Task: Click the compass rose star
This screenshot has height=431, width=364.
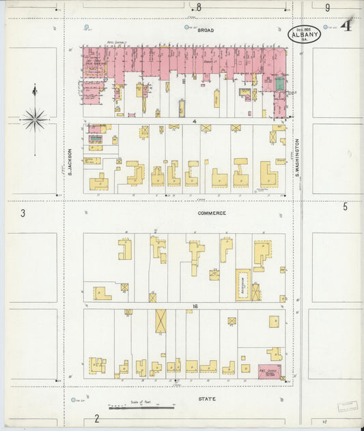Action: (x=33, y=119)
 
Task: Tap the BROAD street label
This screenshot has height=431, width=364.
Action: (x=206, y=31)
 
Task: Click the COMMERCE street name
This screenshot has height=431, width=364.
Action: (x=212, y=213)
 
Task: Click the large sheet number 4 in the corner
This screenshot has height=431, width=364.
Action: (x=346, y=27)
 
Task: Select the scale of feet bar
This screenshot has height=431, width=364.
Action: (x=141, y=407)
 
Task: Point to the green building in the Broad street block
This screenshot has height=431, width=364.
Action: (x=279, y=84)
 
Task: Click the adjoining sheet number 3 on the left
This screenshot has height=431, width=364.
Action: (x=23, y=213)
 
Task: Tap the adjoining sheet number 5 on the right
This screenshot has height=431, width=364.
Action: (x=345, y=207)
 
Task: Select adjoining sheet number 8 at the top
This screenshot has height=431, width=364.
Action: (x=199, y=8)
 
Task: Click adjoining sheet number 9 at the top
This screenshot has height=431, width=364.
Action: (x=327, y=8)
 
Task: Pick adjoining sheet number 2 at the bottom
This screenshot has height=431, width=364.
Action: (x=97, y=418)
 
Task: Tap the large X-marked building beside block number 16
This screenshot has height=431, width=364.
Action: (x=160, y=321)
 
